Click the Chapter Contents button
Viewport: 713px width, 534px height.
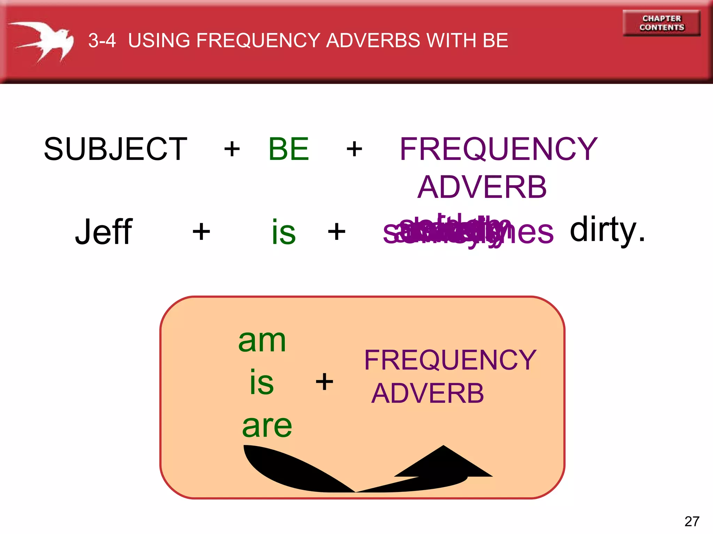pos(661,23)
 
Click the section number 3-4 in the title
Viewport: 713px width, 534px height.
pos(102,40)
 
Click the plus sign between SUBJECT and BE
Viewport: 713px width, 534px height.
pos(232,149)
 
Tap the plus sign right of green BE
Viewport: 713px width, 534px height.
pos(354,149)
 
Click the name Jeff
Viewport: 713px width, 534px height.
pos(103,232)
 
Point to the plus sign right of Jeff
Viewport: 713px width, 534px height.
pos(201,232)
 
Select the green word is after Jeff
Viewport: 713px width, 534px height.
pos(283,232)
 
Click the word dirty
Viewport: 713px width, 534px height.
pos(607,229)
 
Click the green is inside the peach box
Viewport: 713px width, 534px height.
pos(262,382)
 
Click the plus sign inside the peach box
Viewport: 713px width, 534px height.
pos(324,381)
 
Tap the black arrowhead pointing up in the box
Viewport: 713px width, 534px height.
pos(444,462)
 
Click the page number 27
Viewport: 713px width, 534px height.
pos(691,521)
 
